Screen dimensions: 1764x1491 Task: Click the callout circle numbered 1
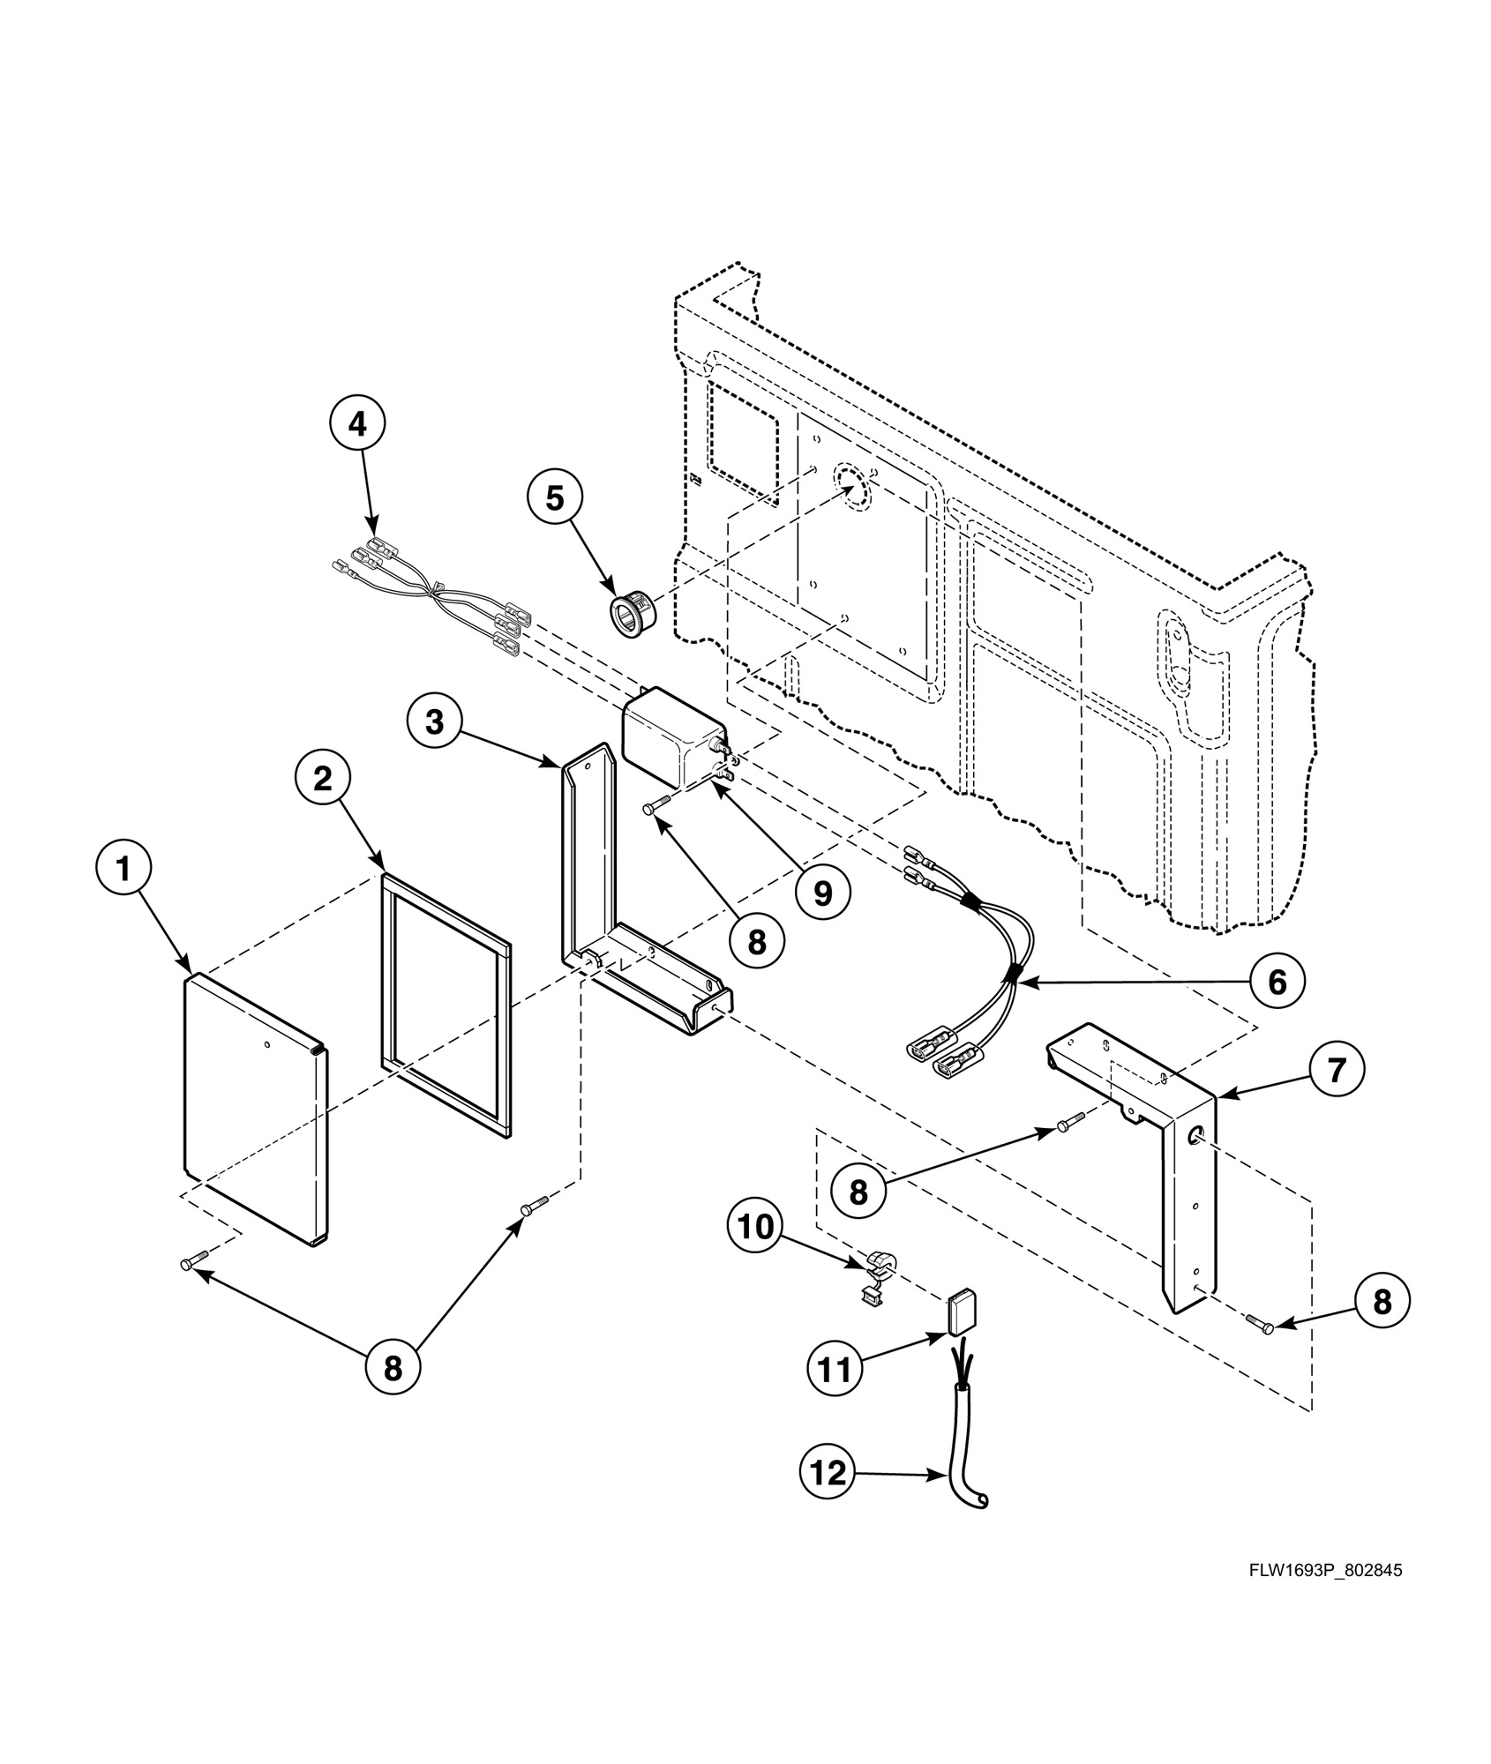click(124, 870)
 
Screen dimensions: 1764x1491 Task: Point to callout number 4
click(357, 424)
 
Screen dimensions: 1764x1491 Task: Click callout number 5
click(554, 498)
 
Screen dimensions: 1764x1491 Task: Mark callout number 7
click(1337, 1070)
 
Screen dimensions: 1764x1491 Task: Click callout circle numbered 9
click(822, 893)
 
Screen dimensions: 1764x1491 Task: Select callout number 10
click(755, 1227)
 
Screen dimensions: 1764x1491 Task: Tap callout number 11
click(835, 1370)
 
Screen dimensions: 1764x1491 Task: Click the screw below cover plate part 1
click(194, 1263)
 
